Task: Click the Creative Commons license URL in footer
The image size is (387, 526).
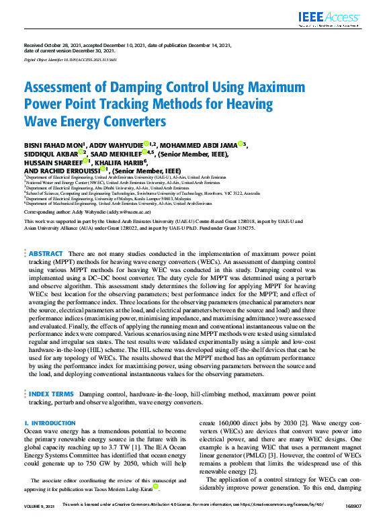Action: [278, 521]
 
